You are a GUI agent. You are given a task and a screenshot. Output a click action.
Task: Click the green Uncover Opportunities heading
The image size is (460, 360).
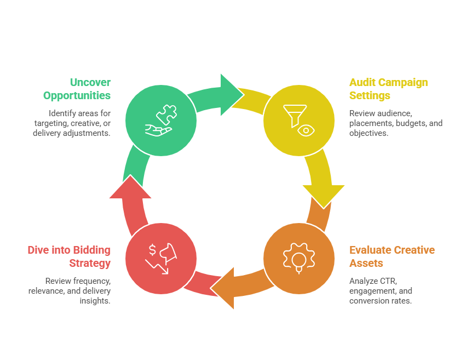77,89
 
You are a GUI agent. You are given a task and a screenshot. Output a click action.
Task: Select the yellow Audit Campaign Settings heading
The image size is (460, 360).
388,89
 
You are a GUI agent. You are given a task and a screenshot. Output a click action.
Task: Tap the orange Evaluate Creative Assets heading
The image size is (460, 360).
392,256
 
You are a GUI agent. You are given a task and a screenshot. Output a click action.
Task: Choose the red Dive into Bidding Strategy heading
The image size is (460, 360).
69,256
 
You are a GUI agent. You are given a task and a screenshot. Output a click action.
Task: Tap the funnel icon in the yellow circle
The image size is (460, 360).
292,113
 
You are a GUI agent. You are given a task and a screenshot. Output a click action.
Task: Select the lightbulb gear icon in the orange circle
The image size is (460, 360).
299,258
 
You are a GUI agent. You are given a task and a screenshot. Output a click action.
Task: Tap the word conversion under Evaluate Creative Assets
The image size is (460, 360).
371,301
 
